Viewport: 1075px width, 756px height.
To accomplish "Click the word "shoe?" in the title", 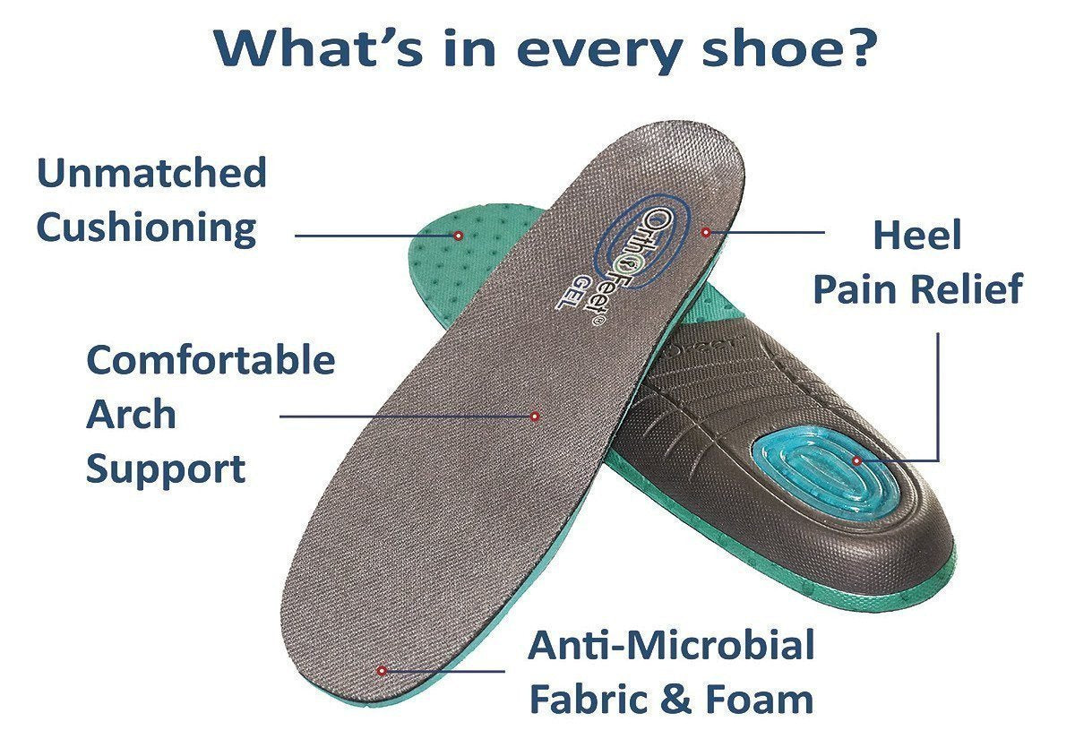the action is (x=789, y=48).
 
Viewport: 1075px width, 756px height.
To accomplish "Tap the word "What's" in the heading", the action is (x=320, y=48).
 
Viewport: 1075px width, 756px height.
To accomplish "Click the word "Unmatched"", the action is (x=151, y=172).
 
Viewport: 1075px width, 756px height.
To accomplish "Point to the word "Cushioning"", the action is (x=146, y=228).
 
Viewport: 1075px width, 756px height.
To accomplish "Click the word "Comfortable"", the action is (x=211, y=360).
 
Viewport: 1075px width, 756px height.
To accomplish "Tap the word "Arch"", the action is (x=131, y=414).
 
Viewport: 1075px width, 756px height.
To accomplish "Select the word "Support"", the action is (x=166, y=470).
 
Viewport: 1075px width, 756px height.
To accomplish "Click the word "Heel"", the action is (x=917, y=235).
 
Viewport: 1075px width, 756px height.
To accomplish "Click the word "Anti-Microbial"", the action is (x=671, y=645).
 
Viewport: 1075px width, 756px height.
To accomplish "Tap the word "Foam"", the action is (x=760, y=700).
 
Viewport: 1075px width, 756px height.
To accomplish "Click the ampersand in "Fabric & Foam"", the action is (x=676, y=700).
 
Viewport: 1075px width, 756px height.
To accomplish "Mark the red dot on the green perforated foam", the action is (x=459, y=236).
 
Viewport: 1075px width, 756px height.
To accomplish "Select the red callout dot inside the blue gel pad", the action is (x=856, y=460).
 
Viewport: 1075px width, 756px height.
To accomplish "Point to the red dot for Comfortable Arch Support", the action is (x=535, y=417).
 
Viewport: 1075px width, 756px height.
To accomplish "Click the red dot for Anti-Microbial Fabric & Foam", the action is (x=382, y=671).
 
